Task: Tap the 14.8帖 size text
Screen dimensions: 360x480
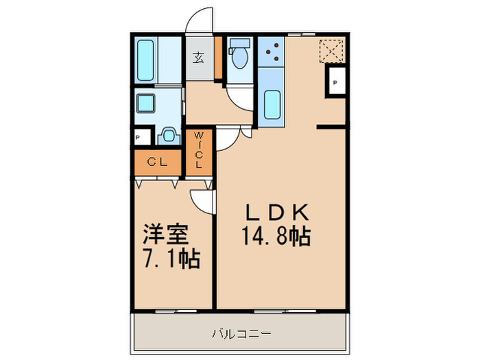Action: (276, 237)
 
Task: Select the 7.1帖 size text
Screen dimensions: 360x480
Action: (171, 259)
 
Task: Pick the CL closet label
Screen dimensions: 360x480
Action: (157, 163)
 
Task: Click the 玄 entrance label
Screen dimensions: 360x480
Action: (198, 58)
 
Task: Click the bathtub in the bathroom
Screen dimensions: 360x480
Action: (146, 60)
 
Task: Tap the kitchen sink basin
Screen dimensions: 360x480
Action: (272, 104)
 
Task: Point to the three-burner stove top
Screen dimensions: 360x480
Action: (272, 51)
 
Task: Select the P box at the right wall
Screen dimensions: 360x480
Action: (335, 83)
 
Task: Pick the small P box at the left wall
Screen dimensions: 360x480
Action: (139, 137)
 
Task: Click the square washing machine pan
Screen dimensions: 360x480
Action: (145, 104)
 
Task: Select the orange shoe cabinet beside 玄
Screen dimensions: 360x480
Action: (218, 58)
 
